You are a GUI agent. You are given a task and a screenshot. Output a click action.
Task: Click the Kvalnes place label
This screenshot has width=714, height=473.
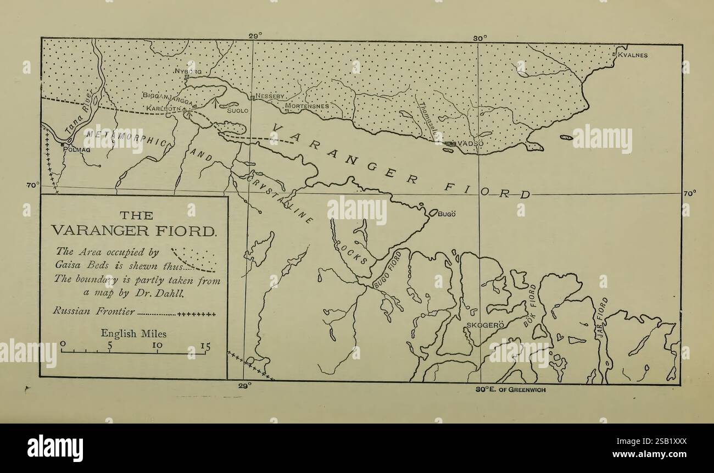pyautogui.click(x=633, y=55)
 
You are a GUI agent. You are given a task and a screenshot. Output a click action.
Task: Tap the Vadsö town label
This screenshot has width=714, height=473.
pyautogui.click(x=471, y=143)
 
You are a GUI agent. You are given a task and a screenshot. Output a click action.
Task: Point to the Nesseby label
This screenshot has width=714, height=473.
pyautogui.click(x=270, y=96)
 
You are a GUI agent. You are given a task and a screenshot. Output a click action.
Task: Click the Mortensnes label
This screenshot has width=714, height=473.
pyautogui.click(x=306, y=105)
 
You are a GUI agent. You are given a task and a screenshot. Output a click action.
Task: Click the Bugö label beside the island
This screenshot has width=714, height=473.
pyautogui.click(x=447, y=214)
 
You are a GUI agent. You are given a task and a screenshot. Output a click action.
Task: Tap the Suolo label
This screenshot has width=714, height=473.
pyautogui.click(x=238, y=110)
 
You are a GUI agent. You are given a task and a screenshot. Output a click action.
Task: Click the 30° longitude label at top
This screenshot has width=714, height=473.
pyautogui.click(x=479, y=37)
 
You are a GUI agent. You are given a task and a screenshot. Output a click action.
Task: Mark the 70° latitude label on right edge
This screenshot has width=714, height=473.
pyautogui.click(x=689, y=193)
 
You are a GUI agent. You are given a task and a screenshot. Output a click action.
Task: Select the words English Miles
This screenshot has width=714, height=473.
pyautogui.click(x=133, y=333)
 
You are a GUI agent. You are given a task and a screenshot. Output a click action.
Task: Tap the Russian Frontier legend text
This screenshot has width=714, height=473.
pyautogui.click(x=93, y=311)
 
